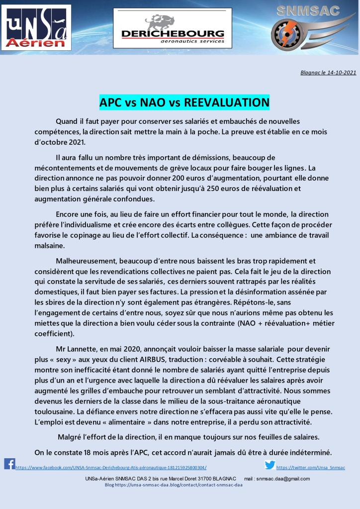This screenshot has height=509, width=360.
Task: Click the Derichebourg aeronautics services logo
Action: pyautogui.click(x=173, y=28)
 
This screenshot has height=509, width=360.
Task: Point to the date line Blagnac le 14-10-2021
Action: pyautogui.click(x=328, y=72)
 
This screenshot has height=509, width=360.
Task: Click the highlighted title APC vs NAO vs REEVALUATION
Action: pyautogui.click(x=184, y=102)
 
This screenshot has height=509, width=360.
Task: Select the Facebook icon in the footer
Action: pyautogui.click(x=9, y=464)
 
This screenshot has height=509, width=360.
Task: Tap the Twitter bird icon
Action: pyautogui.click(x=270, y=465)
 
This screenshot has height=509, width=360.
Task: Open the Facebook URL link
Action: pyautogui.click(x=111, y=468)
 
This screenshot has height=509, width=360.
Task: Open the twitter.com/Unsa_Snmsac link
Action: pyautogui.click(x=310, y=468)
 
